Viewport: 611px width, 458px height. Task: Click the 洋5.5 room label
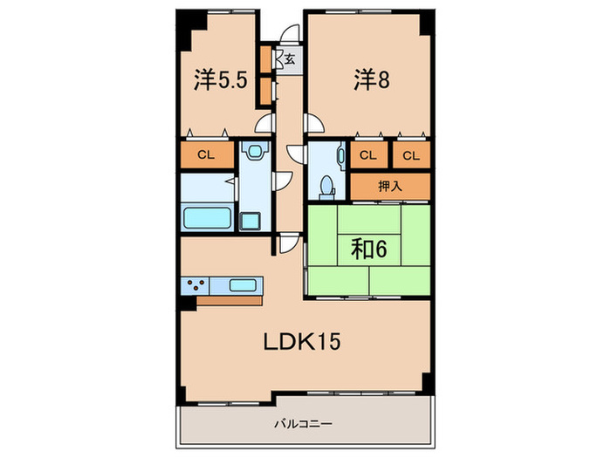pos(221,81)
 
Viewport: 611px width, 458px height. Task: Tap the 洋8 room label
pos(370,79)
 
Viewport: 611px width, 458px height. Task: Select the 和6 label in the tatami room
pos(369,250)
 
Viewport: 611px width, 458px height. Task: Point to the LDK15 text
pos(302,341)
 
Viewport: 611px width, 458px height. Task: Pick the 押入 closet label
pos(390,186)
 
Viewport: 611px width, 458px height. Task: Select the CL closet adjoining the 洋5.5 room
pos(206,156)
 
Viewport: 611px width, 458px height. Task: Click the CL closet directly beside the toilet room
pos(368,155)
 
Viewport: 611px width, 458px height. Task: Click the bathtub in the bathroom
pos(206,216)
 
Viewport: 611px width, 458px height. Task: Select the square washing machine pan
pos(251,220)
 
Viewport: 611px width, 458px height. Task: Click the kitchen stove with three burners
pos(196,285)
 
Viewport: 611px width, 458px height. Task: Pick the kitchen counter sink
pos(241,285)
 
